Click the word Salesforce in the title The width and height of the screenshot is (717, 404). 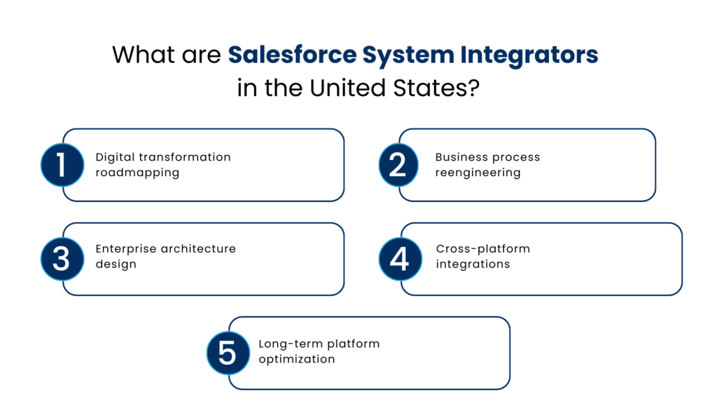pos(293,55)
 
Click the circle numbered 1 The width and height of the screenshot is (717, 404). pos(62,165)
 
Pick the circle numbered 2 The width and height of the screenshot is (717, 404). pos(398,165)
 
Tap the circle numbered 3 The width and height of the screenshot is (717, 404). pos(62,259)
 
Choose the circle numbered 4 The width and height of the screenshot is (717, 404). pos(399,259)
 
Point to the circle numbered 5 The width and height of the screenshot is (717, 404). pos(228,353)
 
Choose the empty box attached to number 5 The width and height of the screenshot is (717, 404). pos(378,353)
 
